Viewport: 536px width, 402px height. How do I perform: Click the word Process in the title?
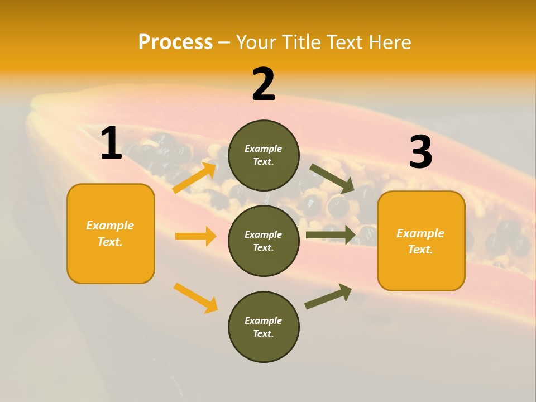175,42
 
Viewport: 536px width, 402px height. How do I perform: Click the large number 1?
111,143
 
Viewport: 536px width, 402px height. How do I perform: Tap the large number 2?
264,84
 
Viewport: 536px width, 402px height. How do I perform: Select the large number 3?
420,152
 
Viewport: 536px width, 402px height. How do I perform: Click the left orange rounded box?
111,233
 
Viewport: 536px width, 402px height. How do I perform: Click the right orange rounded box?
421,241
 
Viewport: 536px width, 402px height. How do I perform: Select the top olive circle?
264,155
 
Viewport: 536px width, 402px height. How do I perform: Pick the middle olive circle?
264,241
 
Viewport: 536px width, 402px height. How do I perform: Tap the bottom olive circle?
264,327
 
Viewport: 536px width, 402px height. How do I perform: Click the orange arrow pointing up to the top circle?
194,178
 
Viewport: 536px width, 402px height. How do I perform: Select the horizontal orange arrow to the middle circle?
195,236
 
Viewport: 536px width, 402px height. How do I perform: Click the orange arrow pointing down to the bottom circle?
195,298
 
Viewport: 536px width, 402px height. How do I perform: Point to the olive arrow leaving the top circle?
332,178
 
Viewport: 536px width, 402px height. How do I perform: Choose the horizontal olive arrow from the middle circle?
331,234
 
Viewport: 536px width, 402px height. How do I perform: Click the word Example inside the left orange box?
110,226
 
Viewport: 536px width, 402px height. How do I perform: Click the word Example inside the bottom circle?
263,320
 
